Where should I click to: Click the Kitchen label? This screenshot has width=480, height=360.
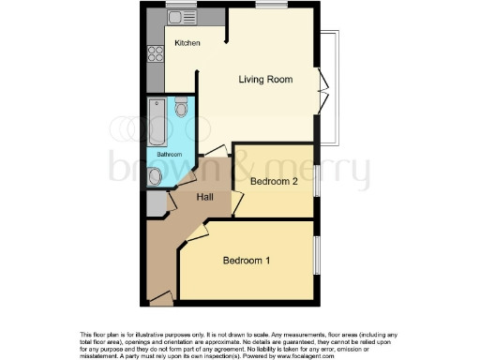click(187, 42)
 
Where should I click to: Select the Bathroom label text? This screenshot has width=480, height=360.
click(169, 154)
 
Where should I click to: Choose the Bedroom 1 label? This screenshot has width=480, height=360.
click(247, 261)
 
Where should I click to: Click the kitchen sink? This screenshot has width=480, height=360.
click(175, 16)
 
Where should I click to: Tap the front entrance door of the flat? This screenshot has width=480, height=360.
click(160, 297)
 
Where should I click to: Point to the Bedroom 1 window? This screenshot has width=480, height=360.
click(316, 256)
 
